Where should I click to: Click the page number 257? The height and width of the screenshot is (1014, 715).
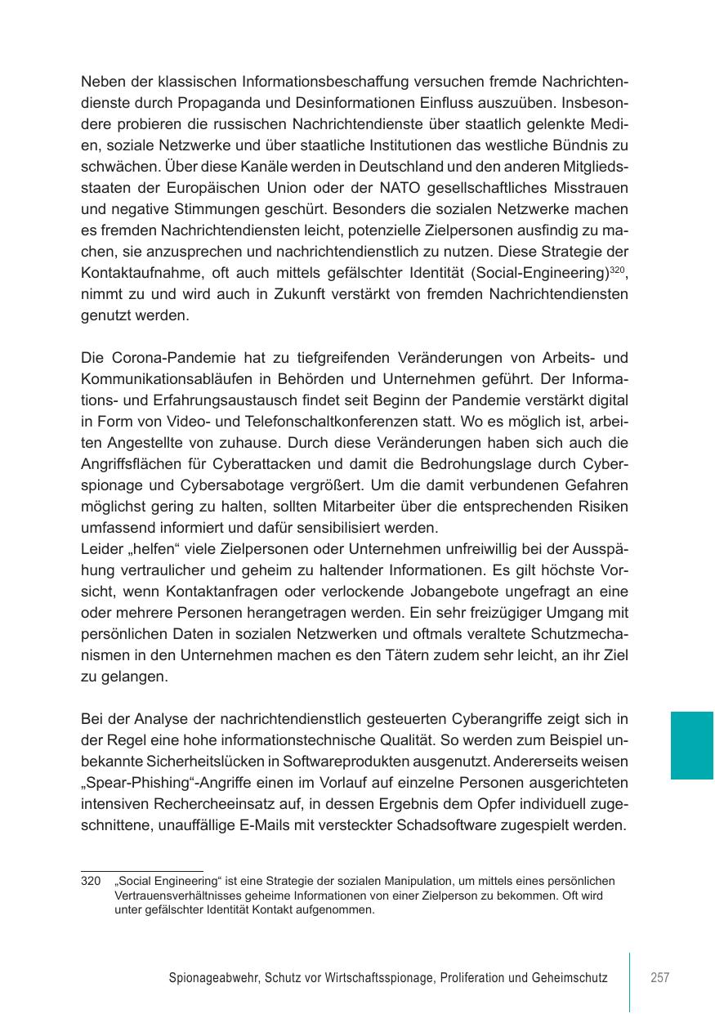click(x=660, y=977)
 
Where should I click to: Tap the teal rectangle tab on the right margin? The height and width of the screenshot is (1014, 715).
click(x=692, y=745)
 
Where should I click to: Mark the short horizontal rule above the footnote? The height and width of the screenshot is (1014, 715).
click(x=141, y=871)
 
